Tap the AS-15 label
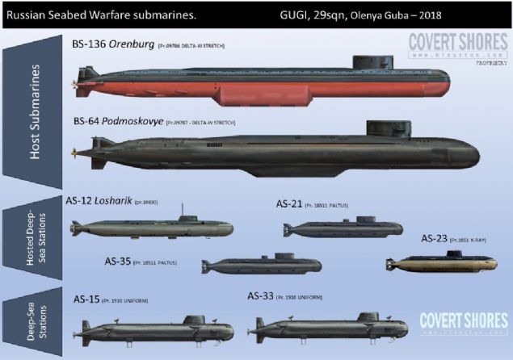90,299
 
